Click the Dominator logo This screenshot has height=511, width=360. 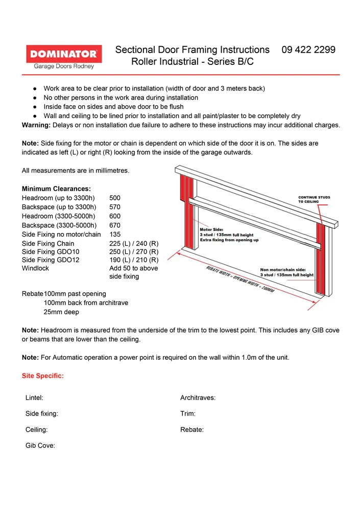(64, 57)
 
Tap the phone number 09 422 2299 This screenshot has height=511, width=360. (308, 50)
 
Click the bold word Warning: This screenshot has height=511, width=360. (36, 125)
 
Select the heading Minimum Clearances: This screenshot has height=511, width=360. (56, 189)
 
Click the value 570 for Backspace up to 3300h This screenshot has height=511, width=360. (115, 207)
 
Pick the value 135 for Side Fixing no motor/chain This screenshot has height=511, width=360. (115, 235)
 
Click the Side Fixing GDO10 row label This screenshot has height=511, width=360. (51, 252)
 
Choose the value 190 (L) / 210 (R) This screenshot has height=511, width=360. (134, 260)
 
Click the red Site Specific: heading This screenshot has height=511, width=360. (43, 376)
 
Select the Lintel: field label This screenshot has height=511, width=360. (34, 398)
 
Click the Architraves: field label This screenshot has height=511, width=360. (198, 398)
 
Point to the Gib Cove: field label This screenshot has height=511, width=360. (40, 446)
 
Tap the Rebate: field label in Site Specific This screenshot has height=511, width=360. (192, 430)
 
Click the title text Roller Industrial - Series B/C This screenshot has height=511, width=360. (192, 62)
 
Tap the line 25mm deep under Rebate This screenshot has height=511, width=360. (61, 312)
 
